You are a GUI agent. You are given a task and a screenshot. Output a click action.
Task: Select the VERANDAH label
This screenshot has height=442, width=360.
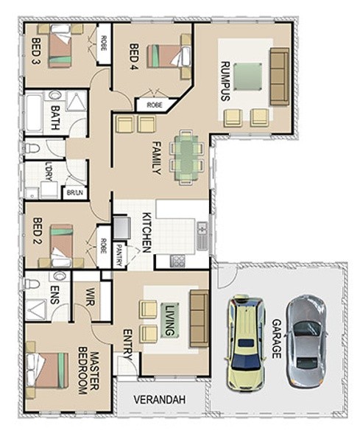coord(160,400)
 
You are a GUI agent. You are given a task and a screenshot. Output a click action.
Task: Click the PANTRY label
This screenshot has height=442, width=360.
coord(119,256)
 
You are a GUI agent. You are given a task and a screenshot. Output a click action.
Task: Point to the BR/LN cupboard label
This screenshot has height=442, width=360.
coord(75,192)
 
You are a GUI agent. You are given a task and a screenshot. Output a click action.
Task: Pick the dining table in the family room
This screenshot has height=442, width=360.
coord(186,157)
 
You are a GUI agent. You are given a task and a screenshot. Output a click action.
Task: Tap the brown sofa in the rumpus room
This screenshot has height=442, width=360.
coord(280,77)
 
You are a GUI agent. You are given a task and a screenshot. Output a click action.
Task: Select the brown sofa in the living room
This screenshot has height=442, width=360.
coord(200,318)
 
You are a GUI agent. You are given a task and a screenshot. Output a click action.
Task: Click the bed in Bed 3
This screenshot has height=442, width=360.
coord(60,46)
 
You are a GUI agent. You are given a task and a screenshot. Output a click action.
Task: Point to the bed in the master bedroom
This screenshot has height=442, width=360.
coord(48,371)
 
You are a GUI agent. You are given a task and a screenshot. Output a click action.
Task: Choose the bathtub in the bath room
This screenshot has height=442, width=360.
coord(34,113)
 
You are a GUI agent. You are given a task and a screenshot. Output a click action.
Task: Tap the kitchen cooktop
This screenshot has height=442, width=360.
coord(177,261)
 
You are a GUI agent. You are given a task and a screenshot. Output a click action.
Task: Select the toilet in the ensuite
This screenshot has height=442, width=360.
coord(32,284)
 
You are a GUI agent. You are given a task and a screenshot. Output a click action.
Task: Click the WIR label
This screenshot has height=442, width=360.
coord(91,297)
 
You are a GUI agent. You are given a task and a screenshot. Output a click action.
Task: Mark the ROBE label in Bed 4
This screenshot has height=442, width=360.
coord(155,105)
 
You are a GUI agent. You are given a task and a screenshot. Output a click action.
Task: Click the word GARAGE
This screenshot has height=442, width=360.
coord(277,339)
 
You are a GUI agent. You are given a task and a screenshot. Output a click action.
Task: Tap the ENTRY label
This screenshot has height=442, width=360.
coord(127,345)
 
